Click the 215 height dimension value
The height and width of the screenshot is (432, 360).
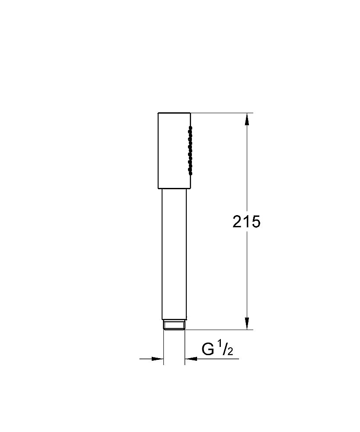tap(246, 222)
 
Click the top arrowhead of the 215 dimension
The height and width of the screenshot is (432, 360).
tap(247, 119)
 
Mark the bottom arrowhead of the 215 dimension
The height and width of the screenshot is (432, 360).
tap(247, 324)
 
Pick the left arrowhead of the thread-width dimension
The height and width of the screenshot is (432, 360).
tap(158, 359)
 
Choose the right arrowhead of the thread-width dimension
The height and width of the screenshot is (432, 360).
tap(190, 359)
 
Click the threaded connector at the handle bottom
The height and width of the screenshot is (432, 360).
tap(174, 325)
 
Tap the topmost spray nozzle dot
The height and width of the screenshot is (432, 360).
tap(189, 127)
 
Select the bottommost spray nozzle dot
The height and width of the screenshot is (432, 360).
tap(189, 174)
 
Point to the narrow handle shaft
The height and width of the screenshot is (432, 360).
tap(174, 255)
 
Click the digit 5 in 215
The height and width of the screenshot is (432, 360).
tap(255, 222)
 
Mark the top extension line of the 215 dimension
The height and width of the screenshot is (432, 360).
tap(220, 113)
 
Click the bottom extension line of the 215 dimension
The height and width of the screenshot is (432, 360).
tap(220, 330)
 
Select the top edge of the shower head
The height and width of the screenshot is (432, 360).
tap(174, 113)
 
